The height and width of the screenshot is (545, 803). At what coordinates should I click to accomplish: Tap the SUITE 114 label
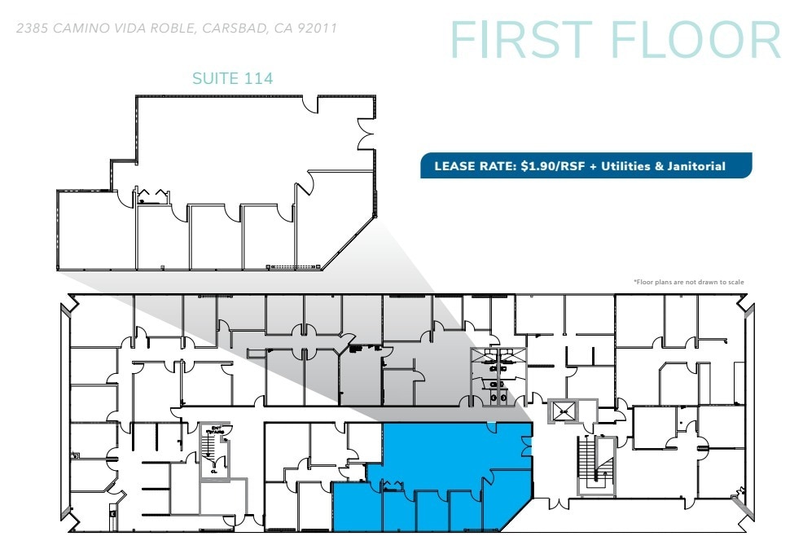pyautogui.click(x=232, y=79)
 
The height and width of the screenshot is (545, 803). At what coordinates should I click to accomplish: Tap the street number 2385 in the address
pyautogui.click(x=33, y=29)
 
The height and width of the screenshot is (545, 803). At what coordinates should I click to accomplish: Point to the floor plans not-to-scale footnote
pyautogui.click(x=688, y=283)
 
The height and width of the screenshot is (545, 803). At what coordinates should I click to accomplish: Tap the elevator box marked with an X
pyautogui.click(x=563, y=412)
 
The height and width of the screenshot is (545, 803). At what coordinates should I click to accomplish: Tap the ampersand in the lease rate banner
pyautogui.click(x=656, y=166)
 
